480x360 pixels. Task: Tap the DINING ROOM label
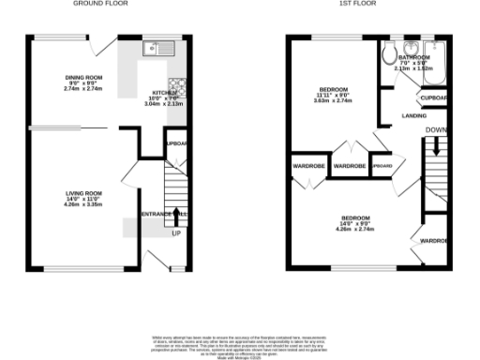(x=82, y=77)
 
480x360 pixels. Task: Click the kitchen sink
(x=152, y=48)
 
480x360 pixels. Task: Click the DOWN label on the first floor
(x=436, y=130)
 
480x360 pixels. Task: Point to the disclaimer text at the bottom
(x=240, y=344)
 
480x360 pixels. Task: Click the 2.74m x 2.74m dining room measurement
(x=82, y=88)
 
